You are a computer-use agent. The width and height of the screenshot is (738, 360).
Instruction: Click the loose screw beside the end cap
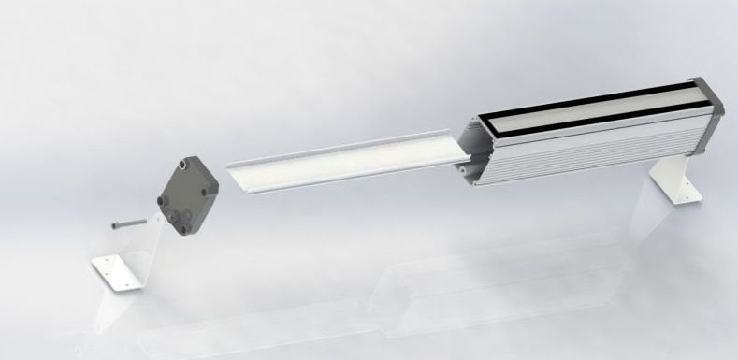130,223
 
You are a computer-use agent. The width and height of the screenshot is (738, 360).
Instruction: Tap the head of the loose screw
115,224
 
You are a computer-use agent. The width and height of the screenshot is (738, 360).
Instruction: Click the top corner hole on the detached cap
187,162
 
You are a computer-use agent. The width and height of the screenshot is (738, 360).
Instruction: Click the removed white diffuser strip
346,161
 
